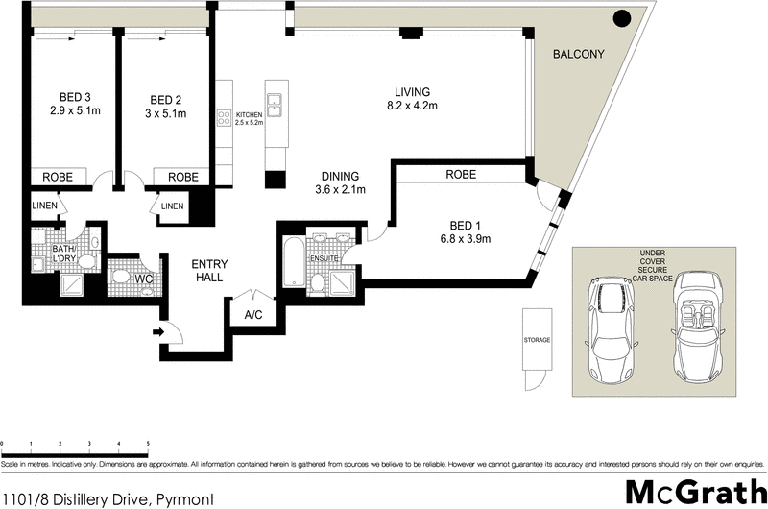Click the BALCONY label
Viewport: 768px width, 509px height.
click(x=578, y=55)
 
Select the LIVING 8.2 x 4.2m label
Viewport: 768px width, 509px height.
click(x=412, y=98)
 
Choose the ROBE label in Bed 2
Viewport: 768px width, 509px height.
click(x=183, y=177)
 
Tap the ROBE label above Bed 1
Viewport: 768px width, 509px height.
click(x=462, y=175)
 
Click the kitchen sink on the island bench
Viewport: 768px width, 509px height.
click(x=275, y=104)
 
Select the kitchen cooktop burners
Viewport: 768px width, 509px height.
click(x=225, y=118)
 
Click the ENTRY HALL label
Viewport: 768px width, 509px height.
click(x=208, y=270)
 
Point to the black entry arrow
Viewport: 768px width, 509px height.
click(x=158, y=333)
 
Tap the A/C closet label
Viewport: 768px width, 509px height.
click(x=253, y=314)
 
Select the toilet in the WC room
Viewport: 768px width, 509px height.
click(x=121, y=277)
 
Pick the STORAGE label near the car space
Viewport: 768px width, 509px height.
click(x=537, y=340)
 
